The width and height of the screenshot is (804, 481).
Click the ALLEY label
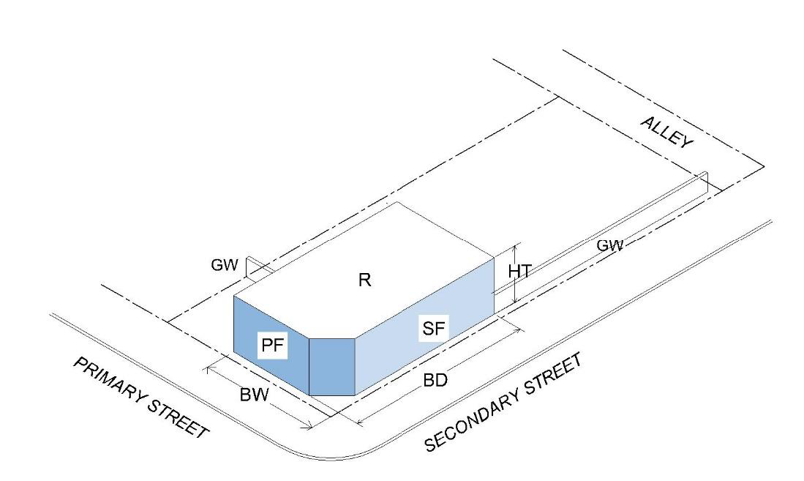click(666, 133)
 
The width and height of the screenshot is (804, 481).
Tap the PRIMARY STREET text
click(140, 398)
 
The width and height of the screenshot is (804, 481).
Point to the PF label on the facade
click(272, 346)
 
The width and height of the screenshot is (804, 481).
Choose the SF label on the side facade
click(432, 328)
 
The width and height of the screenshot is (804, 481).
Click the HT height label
click(519, 271)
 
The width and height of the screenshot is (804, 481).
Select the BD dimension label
click(435, 381)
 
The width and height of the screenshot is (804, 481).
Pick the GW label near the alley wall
click(610, 247)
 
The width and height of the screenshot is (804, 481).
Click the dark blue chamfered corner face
click(332, 366)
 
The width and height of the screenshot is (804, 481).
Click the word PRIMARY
click(110, 380)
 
